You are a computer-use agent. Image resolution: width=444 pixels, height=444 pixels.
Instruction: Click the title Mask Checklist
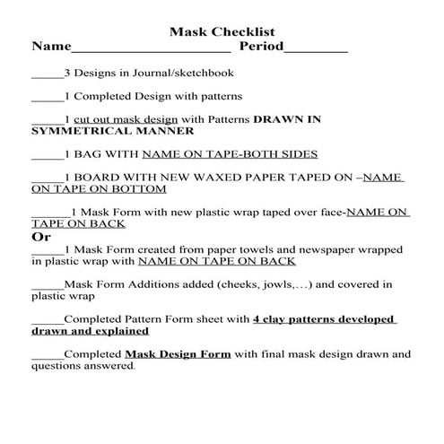click(222, 31)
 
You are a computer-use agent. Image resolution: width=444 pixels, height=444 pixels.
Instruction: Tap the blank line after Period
click(316, 48)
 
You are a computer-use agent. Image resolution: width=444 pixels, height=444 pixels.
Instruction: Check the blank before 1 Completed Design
click(47, 98)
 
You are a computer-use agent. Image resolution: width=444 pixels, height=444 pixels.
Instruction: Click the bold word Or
click(40, 237)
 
